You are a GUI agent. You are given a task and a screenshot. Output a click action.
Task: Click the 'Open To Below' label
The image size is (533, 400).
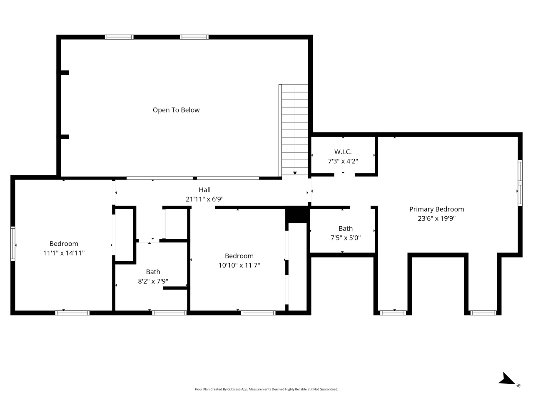pos(176,110)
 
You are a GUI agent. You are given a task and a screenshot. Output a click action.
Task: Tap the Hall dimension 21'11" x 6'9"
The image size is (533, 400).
pos(204,199)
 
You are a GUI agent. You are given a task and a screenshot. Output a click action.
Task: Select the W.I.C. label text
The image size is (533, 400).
pos(343,152)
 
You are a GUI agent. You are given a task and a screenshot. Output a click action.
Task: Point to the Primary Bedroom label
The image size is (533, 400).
pos(436,209)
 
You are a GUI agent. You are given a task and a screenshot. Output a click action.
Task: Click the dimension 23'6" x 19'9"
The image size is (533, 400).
pos(436,218)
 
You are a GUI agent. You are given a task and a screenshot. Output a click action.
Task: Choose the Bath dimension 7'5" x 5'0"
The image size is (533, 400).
pos(345,238)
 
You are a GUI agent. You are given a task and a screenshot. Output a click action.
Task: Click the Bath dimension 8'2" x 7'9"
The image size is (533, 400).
pos(153,281)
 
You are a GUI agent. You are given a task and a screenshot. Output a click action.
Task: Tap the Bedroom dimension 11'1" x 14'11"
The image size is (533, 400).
pos(64,253)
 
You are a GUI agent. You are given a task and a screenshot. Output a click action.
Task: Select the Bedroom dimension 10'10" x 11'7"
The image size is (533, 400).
pos(239,265)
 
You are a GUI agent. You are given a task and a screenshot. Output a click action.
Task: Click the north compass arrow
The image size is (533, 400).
pos(507,379)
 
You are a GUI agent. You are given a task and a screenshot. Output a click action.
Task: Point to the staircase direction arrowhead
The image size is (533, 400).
pos(295,173)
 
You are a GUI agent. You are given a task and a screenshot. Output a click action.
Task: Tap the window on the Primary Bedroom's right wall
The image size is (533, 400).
pos(520,183)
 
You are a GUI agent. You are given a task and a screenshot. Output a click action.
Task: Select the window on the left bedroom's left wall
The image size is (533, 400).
pos(13,243)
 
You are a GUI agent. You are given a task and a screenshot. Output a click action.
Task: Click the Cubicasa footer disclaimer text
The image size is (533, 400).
pos(266,389)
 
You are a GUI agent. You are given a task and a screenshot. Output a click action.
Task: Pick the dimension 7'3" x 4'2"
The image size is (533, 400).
pos(343,161)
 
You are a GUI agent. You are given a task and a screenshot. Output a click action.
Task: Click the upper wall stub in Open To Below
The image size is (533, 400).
pos(65,72)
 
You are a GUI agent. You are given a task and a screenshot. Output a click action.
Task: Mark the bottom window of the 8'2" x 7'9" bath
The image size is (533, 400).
pos(169,312)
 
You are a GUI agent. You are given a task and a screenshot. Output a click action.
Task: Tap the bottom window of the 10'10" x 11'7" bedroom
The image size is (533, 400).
pos(258,312)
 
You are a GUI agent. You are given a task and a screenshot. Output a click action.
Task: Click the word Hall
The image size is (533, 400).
pos(204,190)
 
